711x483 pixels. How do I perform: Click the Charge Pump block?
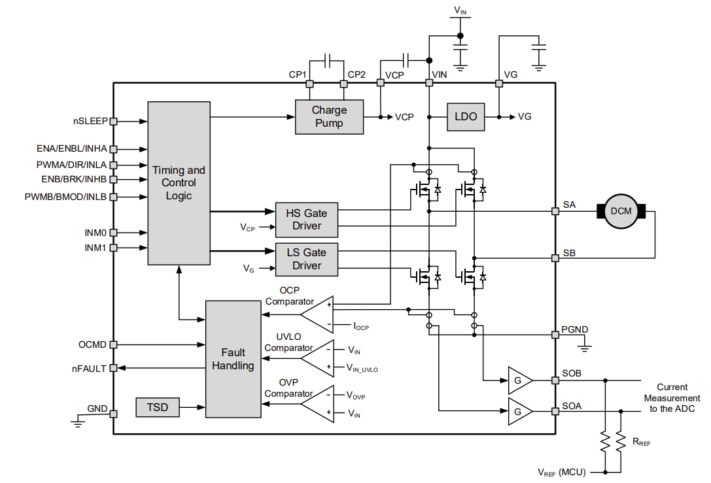(329, 117)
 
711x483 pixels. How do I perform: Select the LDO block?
(466, 117)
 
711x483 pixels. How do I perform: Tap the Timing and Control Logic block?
(179, 182)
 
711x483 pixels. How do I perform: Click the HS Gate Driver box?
(307, 219)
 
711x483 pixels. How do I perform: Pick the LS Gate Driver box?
(307, 259)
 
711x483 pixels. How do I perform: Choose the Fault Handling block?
(233, 359)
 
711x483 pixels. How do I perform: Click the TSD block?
(157, 407)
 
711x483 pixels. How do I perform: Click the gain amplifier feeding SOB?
(519, 380)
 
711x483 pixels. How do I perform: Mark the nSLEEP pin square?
(114, 121)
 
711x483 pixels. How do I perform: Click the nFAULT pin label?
(88, 369)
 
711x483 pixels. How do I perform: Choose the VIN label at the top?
(460, 10)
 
